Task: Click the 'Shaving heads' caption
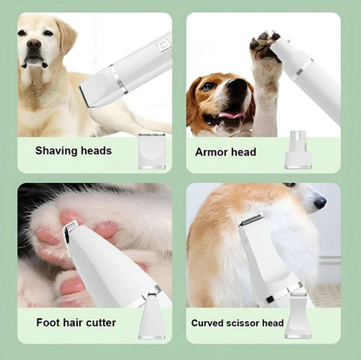73,151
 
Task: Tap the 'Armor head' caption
225,152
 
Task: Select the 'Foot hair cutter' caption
75,323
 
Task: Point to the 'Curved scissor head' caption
237,324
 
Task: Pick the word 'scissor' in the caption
244,324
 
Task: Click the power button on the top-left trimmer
162,44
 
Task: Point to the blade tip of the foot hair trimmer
72,228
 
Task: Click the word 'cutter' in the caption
98,323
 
